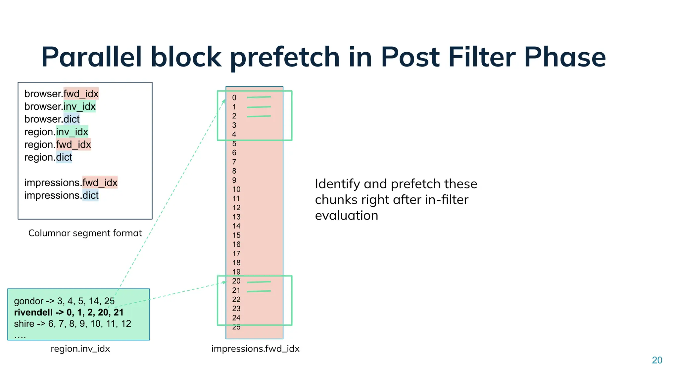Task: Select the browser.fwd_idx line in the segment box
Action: pyautogui.click(x=61, y=94)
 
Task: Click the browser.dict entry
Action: pyautogui.click(x=52, y=119)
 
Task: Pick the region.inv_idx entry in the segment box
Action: pyautogui.click(x=56, y=132)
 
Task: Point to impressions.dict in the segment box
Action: pyautogui.click(x=61, y=195)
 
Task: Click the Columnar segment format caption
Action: pyautogui.click(x=85, y=233)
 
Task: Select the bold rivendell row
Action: pyautogui.click(x=69, y=312)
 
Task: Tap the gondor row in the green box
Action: pyautogui.click(x=64, y=301)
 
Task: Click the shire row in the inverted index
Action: pyautogui.click(x=73, y=323)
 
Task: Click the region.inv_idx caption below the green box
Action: pyautogui.click(x=80, y=349)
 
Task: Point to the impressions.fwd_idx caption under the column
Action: pyautogui.click(x=255, y=349)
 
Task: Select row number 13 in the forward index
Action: pyautogui.click(x=236, y=217)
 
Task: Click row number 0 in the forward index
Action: pyautogui.click(x=234, y=98)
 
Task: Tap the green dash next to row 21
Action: pyautogui.click(x=259, y=291)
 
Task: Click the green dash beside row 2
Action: pyautogui.click(x=259, y=116)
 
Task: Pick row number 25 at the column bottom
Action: pyautogui.click(x=236, y=327)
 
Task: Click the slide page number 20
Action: pyautogui.click(x=657, y=360)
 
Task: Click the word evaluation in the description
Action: pyautogui.click(x=346, y=216)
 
